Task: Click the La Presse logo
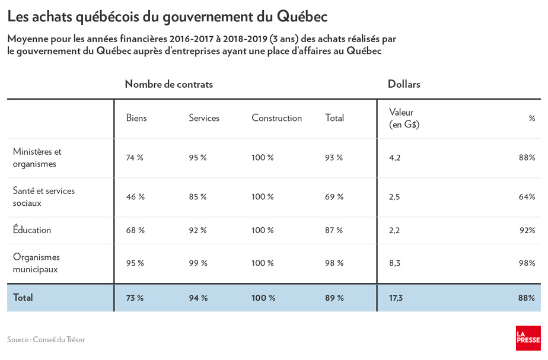click(x=528, y=338)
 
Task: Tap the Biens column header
click(x=136, y=118)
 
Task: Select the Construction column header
click(x=276, y=118)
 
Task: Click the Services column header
click(x=204, y=118)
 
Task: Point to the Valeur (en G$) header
click(x=404, y=118)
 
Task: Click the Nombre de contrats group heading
click(x=169, y=84)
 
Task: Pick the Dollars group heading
click(x=404, y=84)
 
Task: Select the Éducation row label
click(x=32, y=230)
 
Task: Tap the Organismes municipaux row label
click(x=36, y=263)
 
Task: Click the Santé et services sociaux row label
click(x=44, y=197)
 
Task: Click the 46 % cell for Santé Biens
click(x=135, y=197)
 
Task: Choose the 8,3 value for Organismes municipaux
click(x=394, y=263)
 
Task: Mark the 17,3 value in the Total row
click(x=396, y=298)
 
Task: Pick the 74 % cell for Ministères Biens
click(x=135, y=158)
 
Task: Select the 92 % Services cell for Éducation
click(x=198, y=230)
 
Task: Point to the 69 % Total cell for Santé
click(x=334, y=197)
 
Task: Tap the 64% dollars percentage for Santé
click(x=527, y=197)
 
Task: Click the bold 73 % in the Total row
click(x=135, y=298)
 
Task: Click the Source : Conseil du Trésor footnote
click(x=46, y=339)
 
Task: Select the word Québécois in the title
click(x=107, y=17)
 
